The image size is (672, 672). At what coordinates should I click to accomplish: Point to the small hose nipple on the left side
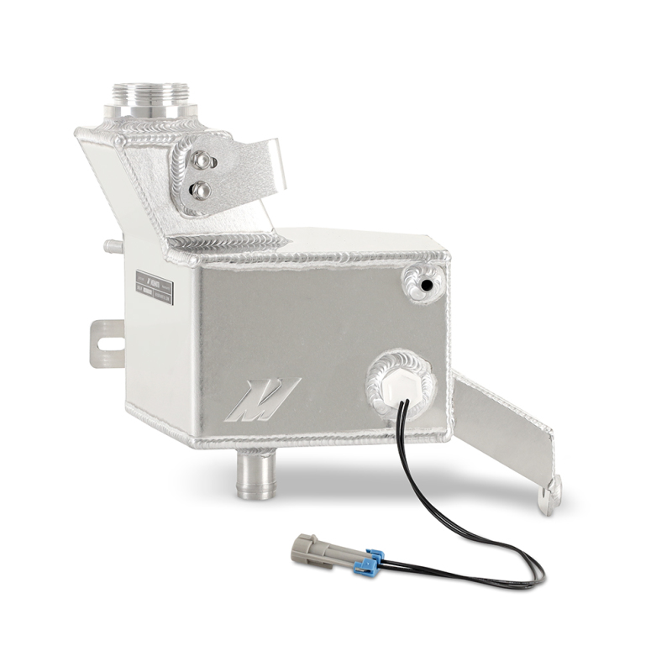click(x=109, y=247)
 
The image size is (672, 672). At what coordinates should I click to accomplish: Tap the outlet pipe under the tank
click(x=255, y=475)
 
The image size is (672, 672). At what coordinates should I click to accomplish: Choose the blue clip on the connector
click(x=369, y=561)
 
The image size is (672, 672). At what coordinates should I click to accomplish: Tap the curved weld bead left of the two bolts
click(x=179, y=176)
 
